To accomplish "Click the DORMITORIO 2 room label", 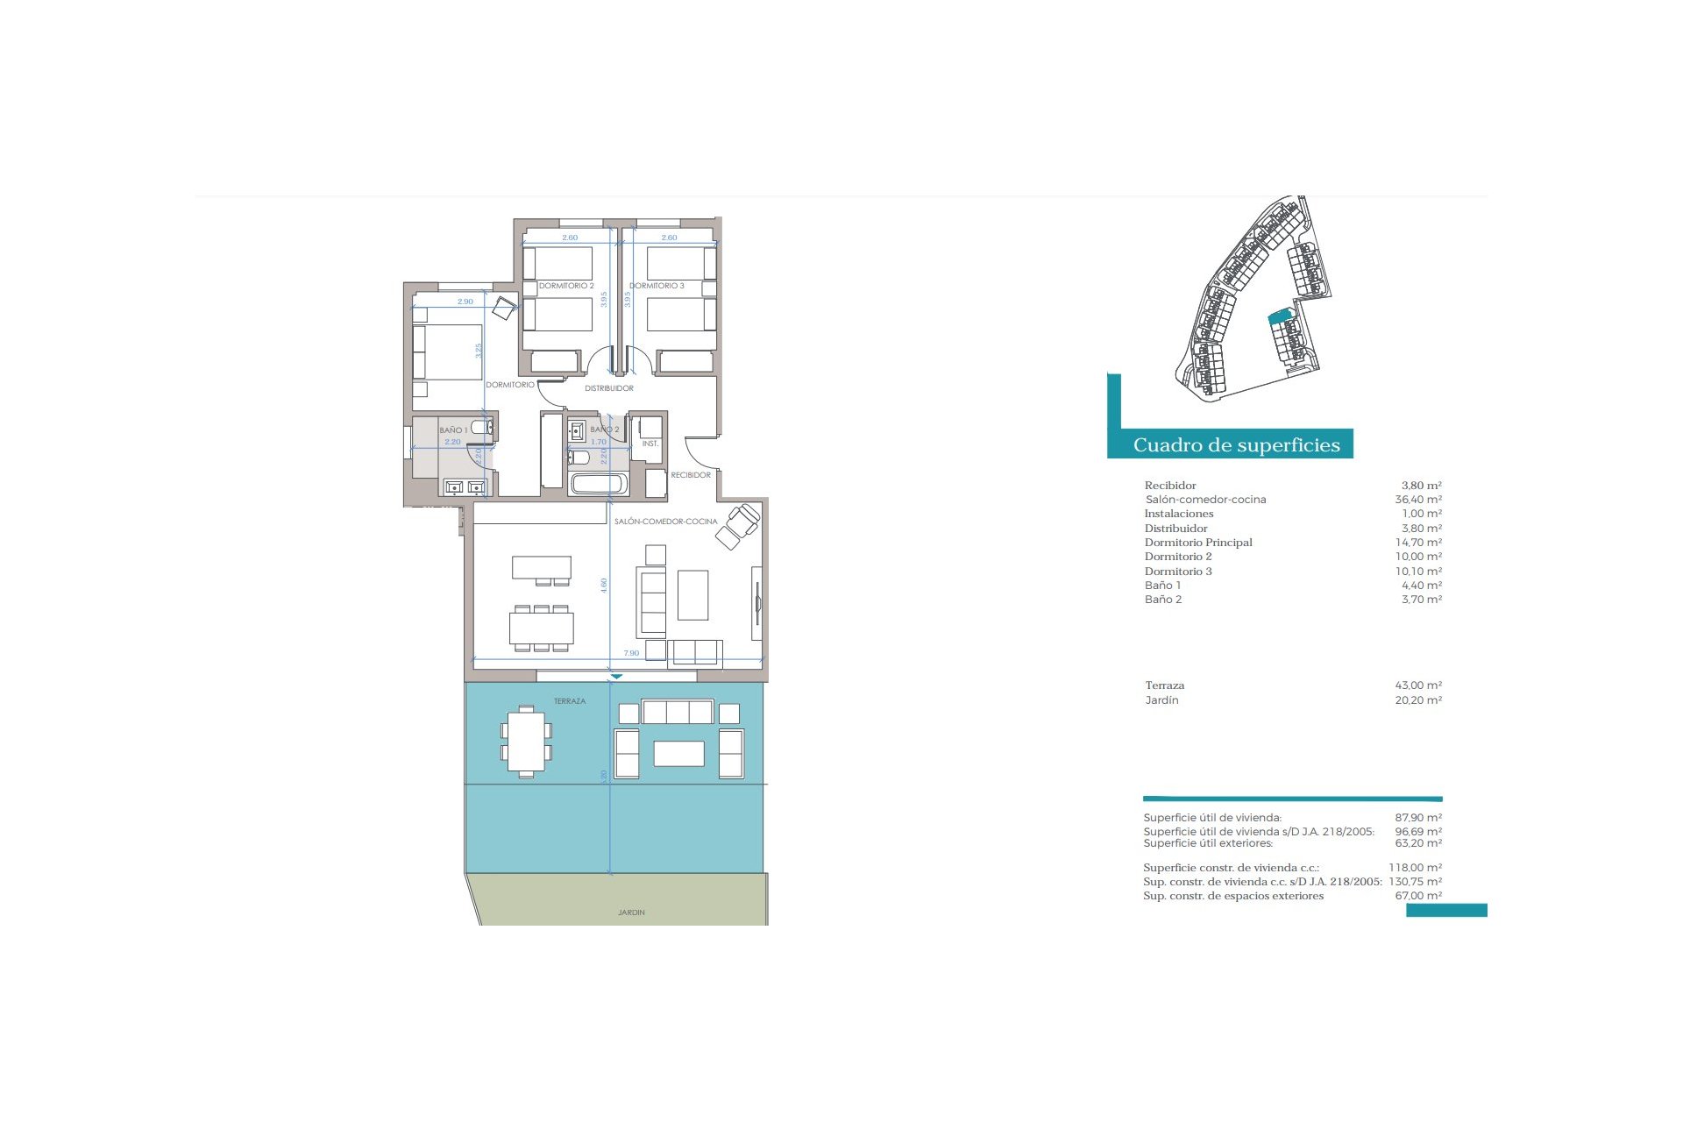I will pos(566,286).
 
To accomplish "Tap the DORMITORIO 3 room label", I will pos(657,286).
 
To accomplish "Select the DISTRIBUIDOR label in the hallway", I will pos(609,388).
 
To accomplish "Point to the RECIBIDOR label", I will pos(691,475).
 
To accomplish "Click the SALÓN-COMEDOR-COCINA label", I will pos(665,522).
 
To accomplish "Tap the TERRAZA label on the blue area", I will pos(570,701).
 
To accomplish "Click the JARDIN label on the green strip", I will pos(631,913).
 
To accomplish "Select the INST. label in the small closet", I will pos(650,444).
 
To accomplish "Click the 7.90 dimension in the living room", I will pos(631,653).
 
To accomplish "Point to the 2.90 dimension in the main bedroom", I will pos(465,302).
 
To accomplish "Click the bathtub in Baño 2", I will pos(599,484).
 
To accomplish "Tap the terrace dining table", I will pos(526,742).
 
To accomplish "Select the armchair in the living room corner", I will pos(738,526).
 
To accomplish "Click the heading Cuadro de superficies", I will pos(1236,444).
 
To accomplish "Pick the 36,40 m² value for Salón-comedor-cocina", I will pos(1418,500).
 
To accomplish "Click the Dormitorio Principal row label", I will pos(1198,543).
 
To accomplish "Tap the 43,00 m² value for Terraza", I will pos(1418,685).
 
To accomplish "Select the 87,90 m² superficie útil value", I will pos(1418,818).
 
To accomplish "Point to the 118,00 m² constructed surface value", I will pos(1416,868).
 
